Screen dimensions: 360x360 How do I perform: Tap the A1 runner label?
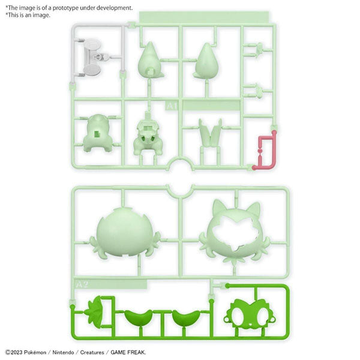(x=172, y=106)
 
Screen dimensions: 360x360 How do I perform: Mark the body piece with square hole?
(x=97, y=134)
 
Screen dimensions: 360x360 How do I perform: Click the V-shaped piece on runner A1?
(x=210, y=133)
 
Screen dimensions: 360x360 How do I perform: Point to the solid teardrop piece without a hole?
(x=207, y=63)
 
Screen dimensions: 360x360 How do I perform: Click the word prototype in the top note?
(x=75, y=7)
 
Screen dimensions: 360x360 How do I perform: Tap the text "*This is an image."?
(x=28, y=15)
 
